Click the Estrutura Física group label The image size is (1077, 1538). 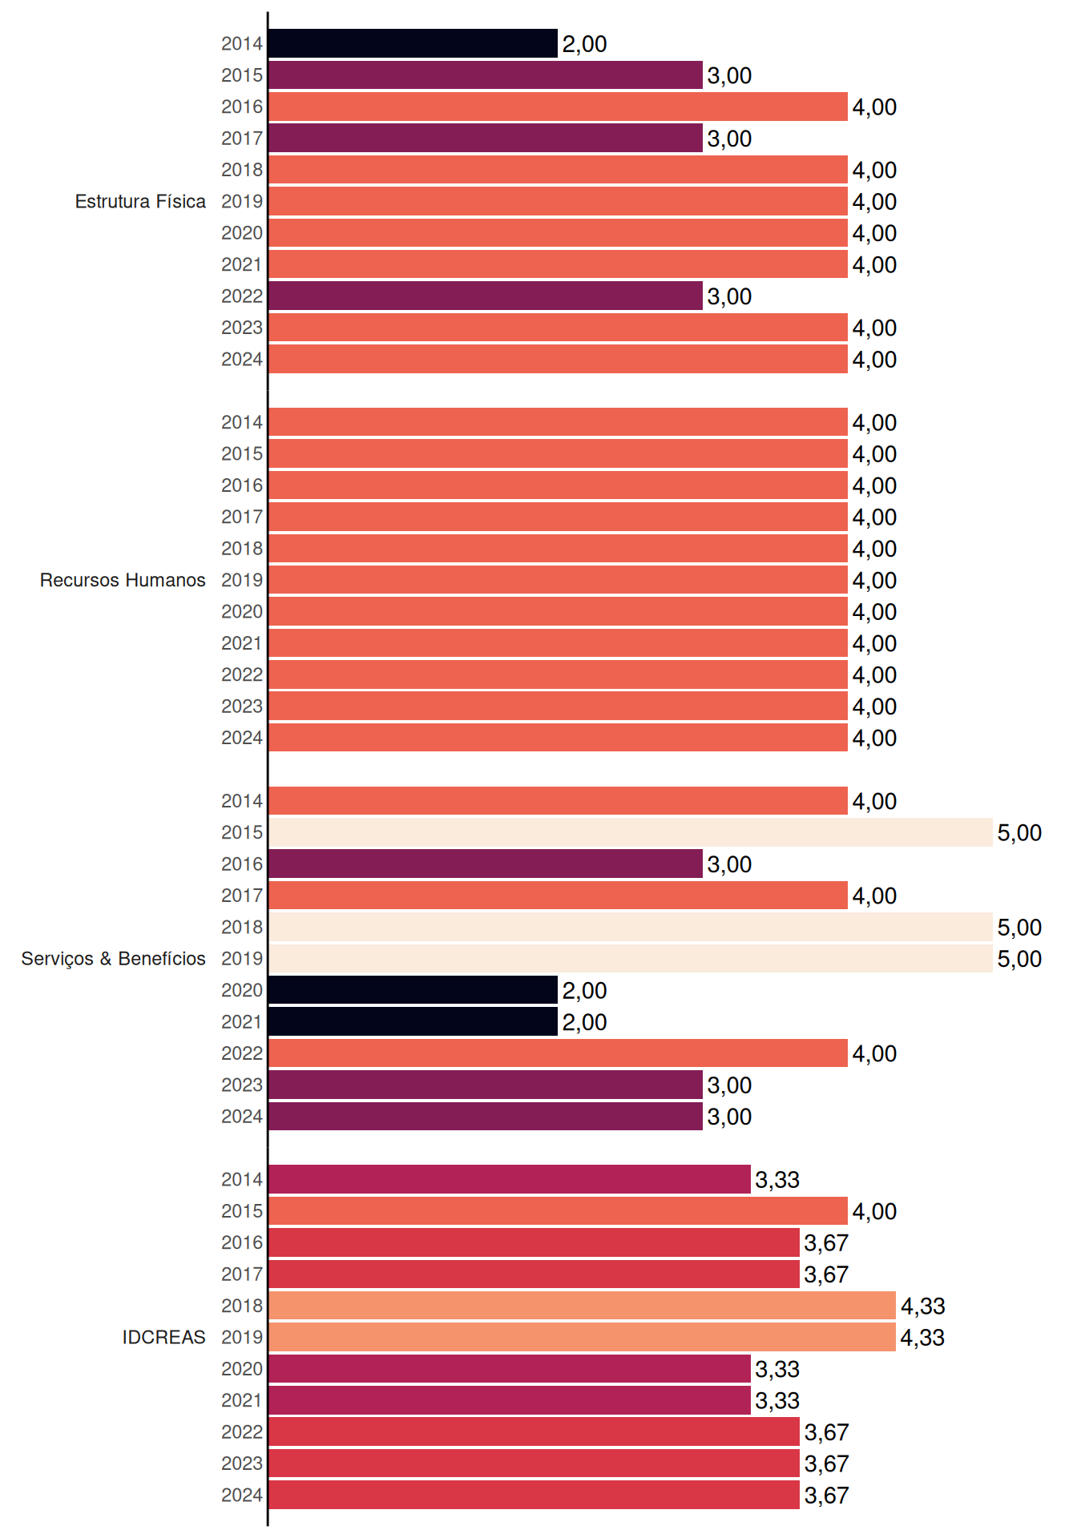pyautogui.click(x=140, y=201)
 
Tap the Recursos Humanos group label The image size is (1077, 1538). pyautogui.click(x=123, y=580)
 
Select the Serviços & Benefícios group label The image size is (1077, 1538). pyautogui.click(x=113, y=959)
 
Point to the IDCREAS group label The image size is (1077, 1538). pyautogui.click(x=163, y=1337)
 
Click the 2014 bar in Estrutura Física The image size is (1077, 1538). pyautogui.click(x=413, y=43)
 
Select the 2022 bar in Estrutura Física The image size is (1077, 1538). pyautogui.click(x=486, y=296)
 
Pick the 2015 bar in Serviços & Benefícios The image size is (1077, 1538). pyautogui.click(x=631, y=832)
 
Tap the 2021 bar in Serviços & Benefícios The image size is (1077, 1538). pyautogui.click(x=413, y=1021)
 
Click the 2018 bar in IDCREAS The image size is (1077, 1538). pyautogui.click(x=582, y=1306)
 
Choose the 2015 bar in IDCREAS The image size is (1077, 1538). pyautogui.click(x=558, y=1211)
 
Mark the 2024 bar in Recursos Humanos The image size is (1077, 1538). pyautogui.click(x=558, y=738)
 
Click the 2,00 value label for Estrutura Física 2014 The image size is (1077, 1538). pyautogui.click(x=584, y=44)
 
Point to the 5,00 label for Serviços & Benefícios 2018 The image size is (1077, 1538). pyautogui.click(x=1019, y=928)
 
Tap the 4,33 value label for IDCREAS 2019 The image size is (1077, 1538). pyautogui.click(x=922, y=1338)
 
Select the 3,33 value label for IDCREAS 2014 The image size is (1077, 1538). pyautogui.click(x=777, y=1180)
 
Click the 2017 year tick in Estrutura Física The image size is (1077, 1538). pyautogui.click(x=242, y=139)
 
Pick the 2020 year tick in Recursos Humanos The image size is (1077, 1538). pyautogui.click(x=242, y=612)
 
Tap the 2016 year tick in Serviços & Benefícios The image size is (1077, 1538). pyautogui.click(x=242, y=864)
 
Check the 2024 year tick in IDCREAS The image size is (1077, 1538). pyautogui.click(x=242, y=1496)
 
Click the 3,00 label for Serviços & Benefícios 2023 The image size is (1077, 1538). pyautogui.click(x=729, y=1085)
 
